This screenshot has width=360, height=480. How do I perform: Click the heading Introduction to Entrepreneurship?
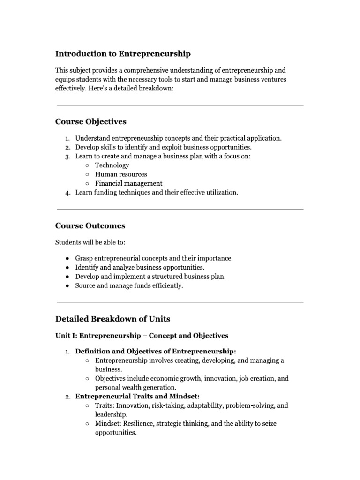point(123,54)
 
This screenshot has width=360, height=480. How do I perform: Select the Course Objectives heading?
point(90,121)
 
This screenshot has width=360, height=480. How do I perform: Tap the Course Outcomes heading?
point(90,225)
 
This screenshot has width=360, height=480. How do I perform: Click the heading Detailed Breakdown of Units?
point(112,319)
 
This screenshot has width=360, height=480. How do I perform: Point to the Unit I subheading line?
point(142,336)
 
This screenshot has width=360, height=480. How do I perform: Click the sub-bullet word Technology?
point(112,165)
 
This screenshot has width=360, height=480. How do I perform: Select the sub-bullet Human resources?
point(121,174)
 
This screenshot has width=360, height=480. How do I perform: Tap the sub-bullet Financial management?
point(128,183)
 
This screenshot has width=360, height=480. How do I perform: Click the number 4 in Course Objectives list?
point(67,193)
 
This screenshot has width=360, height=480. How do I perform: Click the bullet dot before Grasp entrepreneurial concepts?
point(68,258)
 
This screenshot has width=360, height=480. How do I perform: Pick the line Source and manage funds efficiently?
point(129,285)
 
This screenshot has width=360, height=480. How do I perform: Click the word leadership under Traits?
point(111,414)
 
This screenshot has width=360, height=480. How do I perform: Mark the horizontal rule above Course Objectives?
point(180,105)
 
